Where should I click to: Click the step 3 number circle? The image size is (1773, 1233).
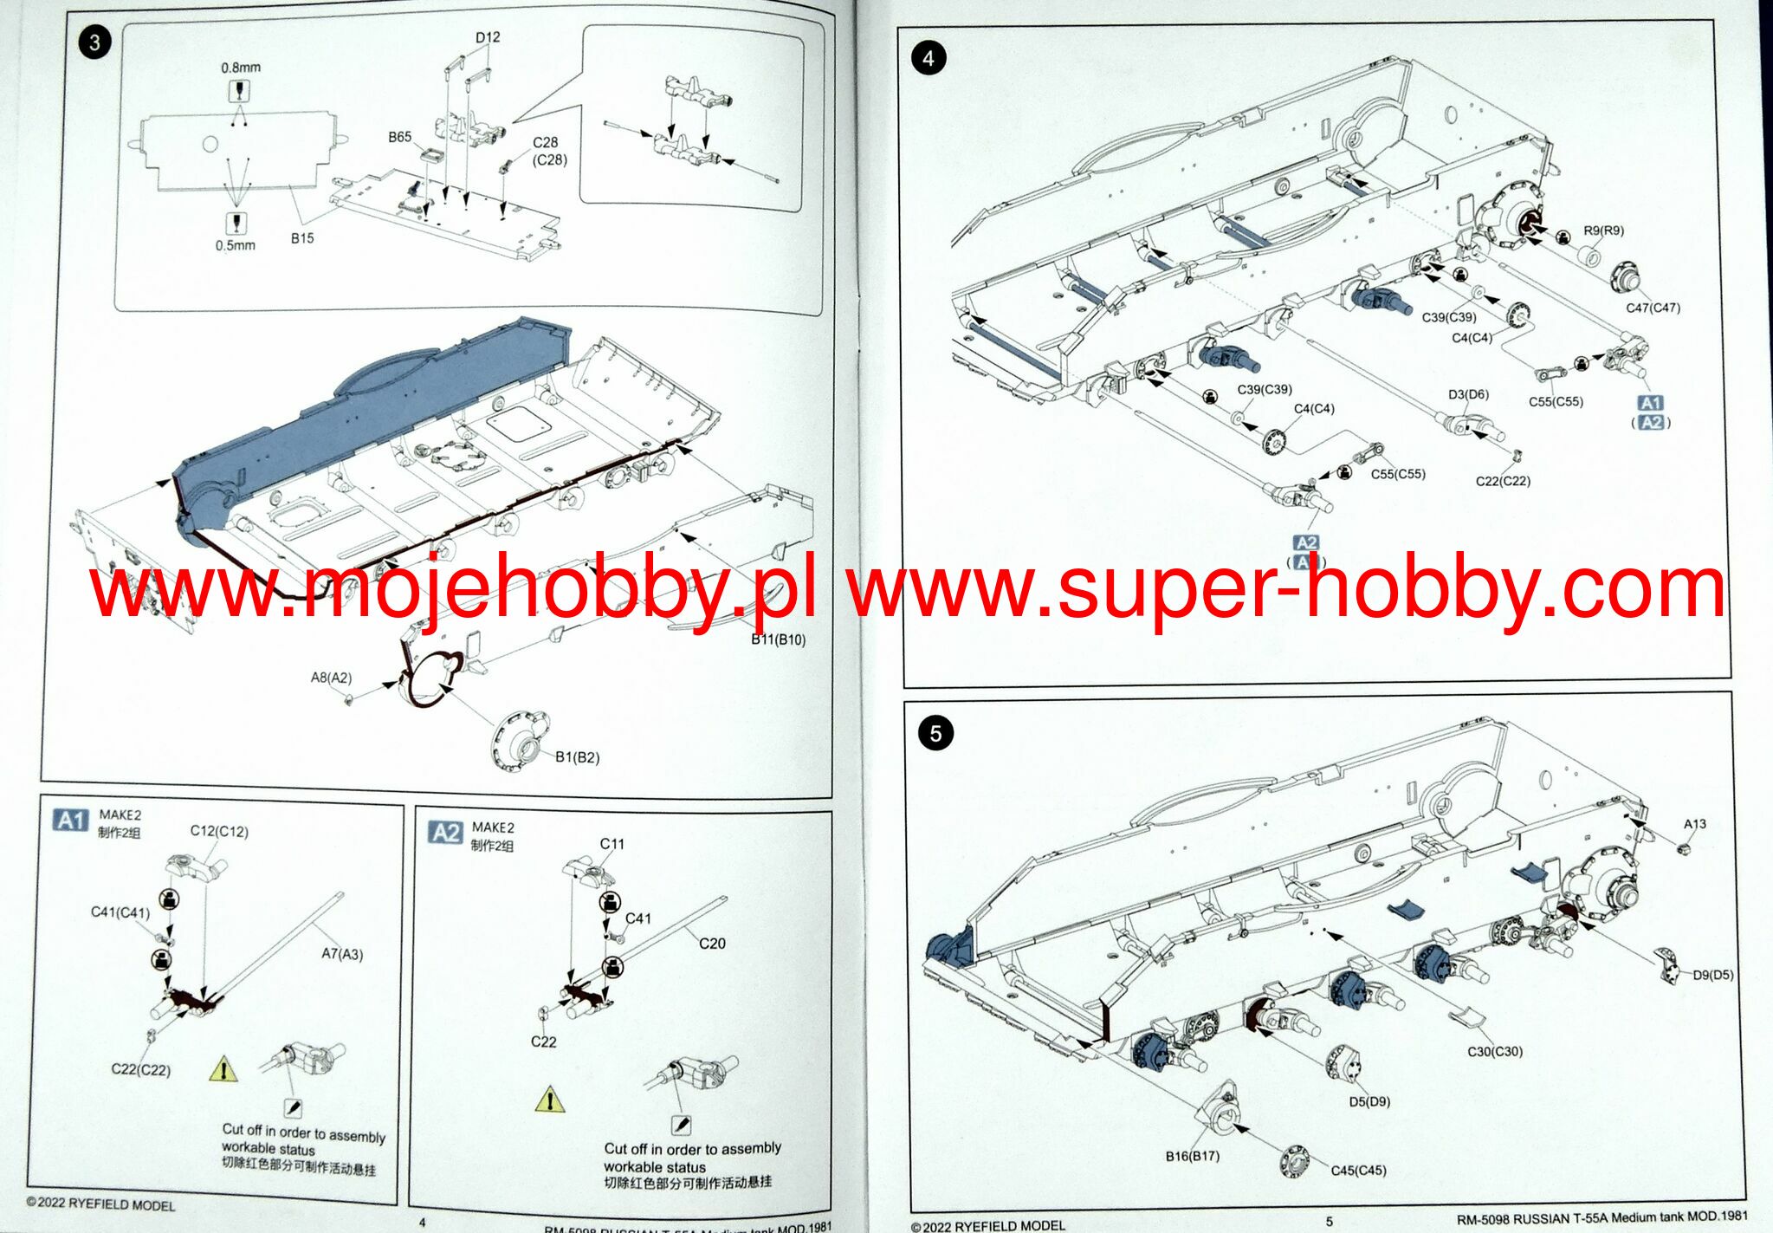tap(94, 42)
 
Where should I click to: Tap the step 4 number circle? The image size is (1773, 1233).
tap(929, 58)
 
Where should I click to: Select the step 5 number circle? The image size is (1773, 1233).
tap(935, 734)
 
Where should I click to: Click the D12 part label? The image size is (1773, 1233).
tap(488, 37)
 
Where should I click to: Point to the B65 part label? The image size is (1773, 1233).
tap(399, 137)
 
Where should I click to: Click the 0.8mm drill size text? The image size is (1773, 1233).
tap(240, 68)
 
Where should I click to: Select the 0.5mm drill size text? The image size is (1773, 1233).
tap(236, 245)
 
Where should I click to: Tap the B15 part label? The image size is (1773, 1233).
tap(302, 238)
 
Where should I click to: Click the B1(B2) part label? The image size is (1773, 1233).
tap(577, 757)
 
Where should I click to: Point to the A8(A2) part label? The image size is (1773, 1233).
tap(331, 678)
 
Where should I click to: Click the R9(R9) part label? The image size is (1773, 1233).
tap(1603, 230)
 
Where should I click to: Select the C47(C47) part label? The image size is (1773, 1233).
tap(1653, 308)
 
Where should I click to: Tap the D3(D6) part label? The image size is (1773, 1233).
tap(1468, 394)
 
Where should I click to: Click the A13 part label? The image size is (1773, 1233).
tap(1695, 824)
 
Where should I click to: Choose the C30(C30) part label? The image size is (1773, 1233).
tap(1494, 1051)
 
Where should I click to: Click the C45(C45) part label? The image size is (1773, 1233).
tap(1358, 1171)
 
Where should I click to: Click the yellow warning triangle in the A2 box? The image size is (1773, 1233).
tap(550, 1100)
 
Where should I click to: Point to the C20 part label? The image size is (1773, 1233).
tap(712, 944)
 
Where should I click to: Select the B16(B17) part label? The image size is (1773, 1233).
tap(1192, 1156)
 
